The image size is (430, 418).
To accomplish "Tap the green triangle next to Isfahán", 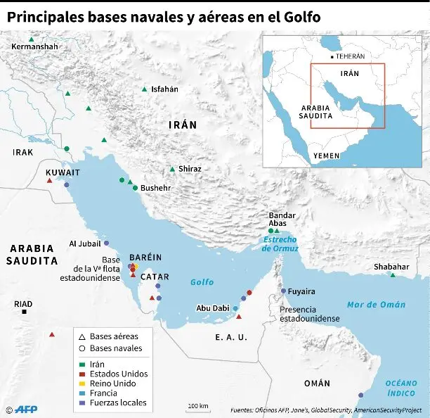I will pos(144,89).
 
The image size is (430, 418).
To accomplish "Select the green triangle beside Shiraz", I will pos(172,169).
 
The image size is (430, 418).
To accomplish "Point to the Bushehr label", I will pos(155,189).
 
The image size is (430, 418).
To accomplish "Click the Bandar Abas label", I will pos(282,219).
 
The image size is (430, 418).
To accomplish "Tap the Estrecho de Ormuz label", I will pos(280,244).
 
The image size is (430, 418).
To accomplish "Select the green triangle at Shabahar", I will pos(393,274).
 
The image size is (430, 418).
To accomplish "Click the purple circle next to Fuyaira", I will pos(283,291).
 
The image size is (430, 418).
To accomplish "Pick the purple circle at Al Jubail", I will pos(106,243).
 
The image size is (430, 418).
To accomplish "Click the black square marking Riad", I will pos(25,312).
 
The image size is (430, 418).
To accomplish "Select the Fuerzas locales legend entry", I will pos(118,403).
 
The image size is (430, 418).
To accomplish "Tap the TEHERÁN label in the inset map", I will pos(349,56).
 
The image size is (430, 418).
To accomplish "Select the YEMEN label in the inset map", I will pos(326,156).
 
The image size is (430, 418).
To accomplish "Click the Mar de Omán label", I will pos(376,305).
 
